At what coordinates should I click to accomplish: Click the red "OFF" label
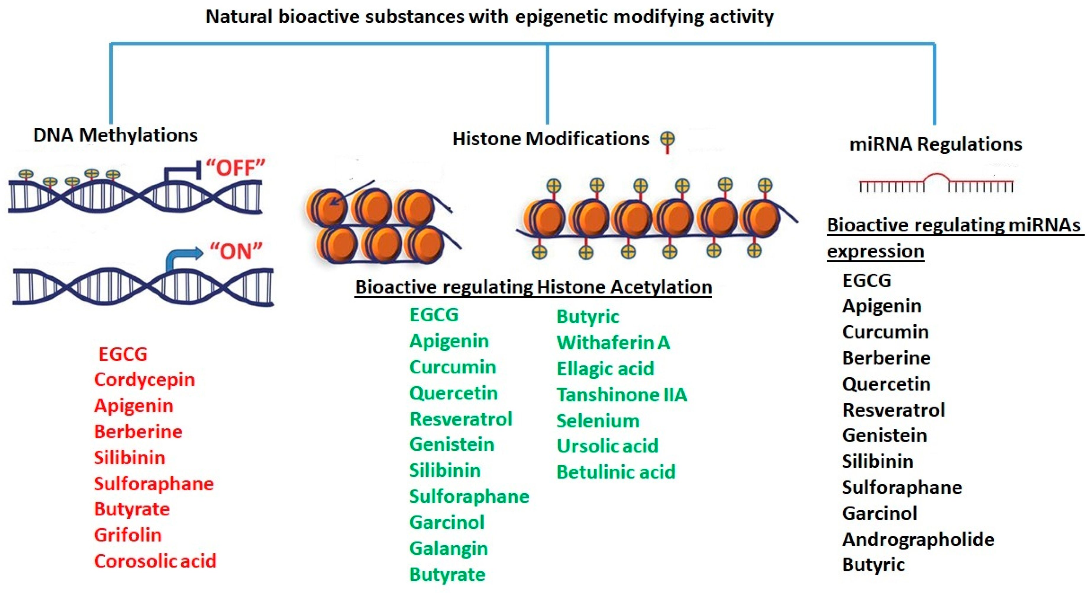pyautogui.click(x=236, y=168)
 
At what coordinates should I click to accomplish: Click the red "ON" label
pyautogui.click(x=236, y=252)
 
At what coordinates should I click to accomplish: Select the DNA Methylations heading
pyautogui.click(x=115, y=135)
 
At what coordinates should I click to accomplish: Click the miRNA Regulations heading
pyautogui.click(x=935, y=144)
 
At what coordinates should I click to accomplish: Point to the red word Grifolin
pyautogui.click(x=128, y=535)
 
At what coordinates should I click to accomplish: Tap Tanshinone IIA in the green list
pyautogui.click(x=622, y=395)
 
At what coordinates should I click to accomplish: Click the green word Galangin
pyautogui.click(x=449, y=549)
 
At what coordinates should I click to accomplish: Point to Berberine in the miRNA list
pyautogui.click(x=886, y=358)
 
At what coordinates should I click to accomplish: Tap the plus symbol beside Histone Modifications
pyautogui.click(x=667, y=139)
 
